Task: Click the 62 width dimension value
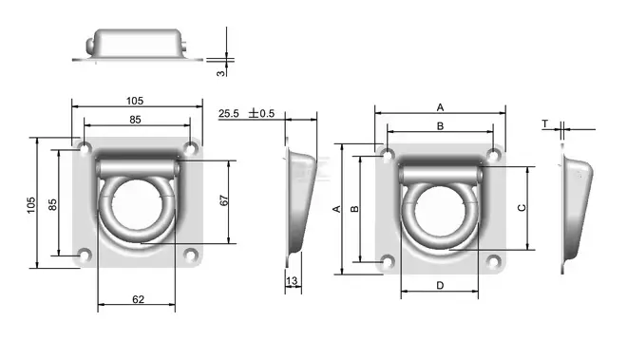138,299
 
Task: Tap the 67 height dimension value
224,200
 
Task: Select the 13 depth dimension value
292,281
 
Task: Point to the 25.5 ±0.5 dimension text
247,114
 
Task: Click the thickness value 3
220,73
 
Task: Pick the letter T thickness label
545,124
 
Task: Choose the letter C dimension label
522,208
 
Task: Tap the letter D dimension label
440,286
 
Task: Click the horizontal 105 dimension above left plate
135,101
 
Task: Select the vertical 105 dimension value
31,205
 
